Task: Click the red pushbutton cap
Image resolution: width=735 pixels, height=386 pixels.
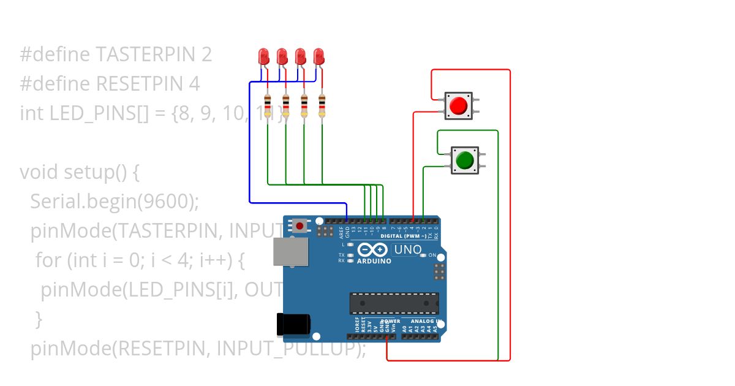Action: pyautogui.click(x=458, y=105)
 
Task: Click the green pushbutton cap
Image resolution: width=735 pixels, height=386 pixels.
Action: pyautogui.click(x=464, y=160)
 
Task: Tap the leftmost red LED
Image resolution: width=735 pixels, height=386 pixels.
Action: pyautogui.click(x=264, y=56)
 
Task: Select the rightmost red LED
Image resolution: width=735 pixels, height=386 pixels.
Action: pyautogui.click(x=318, y=56)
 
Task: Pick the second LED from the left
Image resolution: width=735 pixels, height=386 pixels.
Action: pyautogui.click(x=282, y=56)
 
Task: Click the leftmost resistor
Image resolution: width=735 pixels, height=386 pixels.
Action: pyautogui.click(x=267, y=105)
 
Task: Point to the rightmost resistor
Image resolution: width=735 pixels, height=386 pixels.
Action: pyautogui.click(x=322, y=105)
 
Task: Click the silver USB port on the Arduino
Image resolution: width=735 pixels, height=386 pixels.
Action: pyautogui.click(x=290, y=252)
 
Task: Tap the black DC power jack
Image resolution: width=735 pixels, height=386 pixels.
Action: pyautogui.click(x=293, y=325)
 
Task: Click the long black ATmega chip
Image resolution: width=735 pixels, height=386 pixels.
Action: pyautogui.click(x=394, y=303)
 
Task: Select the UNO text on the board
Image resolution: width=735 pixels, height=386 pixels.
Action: pyautogui.click(x=407, y=249)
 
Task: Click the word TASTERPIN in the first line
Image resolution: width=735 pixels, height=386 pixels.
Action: pyautogui.click(x=144, y=55)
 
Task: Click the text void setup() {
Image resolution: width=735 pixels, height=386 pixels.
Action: pyautogui.click(x=80, y=172)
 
